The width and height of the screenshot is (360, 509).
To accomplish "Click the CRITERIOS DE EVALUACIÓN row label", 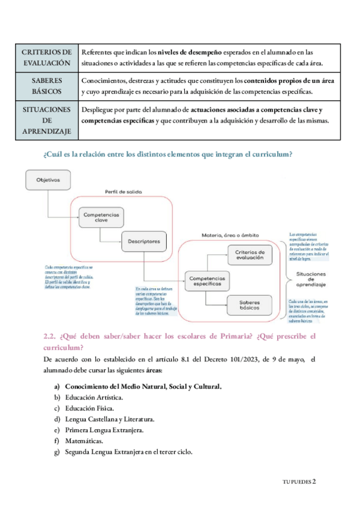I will click(47, 57).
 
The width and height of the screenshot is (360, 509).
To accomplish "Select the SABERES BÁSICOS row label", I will click(47, 87).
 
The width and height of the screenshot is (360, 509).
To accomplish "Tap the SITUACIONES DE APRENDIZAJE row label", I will click(47, 121).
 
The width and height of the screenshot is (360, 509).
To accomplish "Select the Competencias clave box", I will click(101, 217).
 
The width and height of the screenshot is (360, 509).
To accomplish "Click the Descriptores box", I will click(143, 242).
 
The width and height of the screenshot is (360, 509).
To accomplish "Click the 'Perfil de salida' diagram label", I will click(123, 193).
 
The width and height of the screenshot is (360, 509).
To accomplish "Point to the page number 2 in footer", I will click(313, 481).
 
